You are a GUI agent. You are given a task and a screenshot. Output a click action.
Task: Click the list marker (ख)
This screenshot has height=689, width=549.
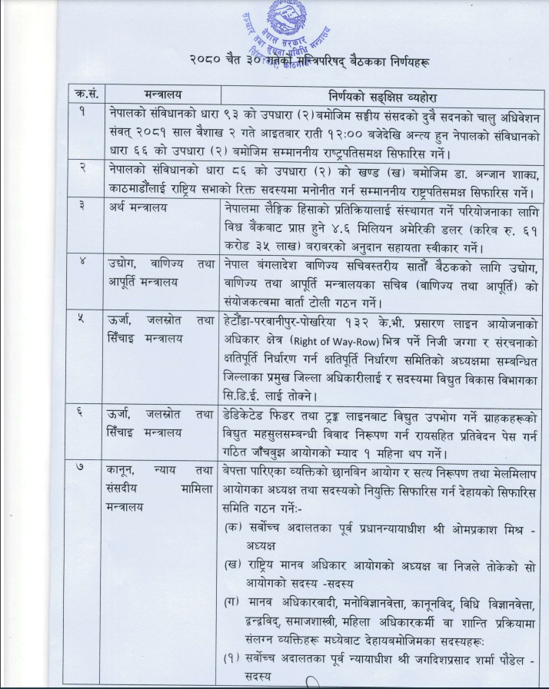coord(231,566)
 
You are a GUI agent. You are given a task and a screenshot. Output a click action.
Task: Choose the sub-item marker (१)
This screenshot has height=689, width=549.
coord(232,658)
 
